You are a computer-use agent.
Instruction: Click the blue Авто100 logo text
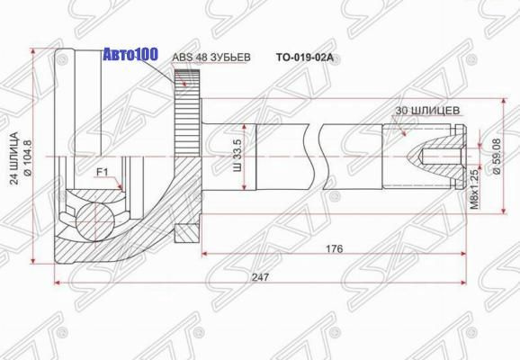(x=130, y=54)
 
